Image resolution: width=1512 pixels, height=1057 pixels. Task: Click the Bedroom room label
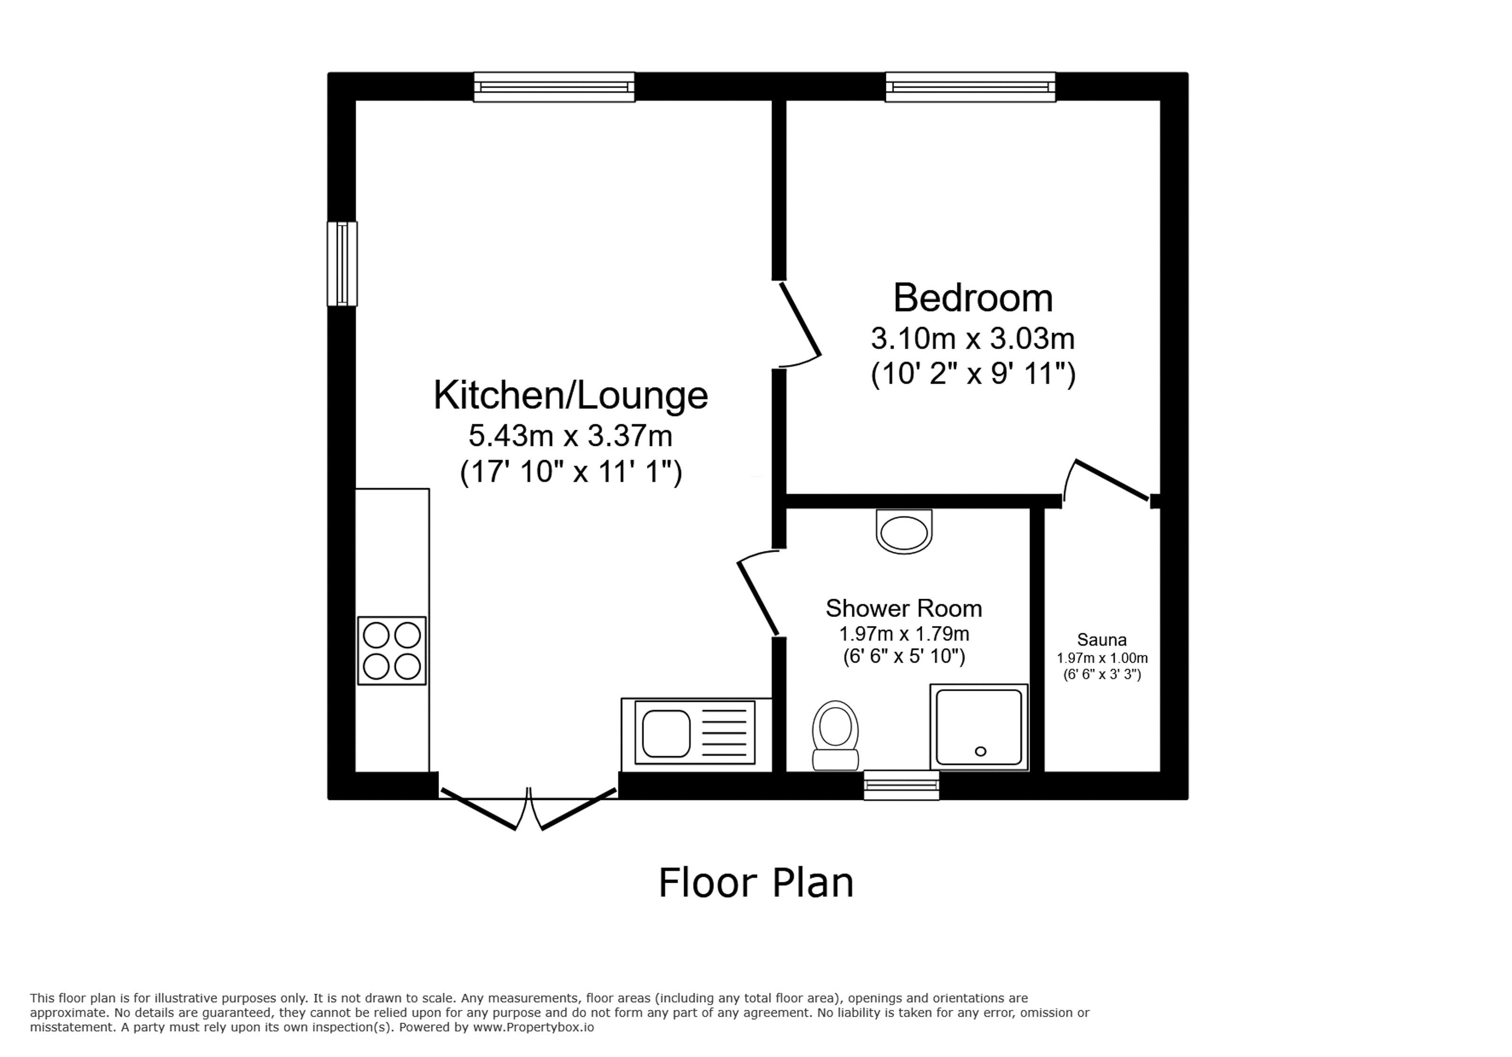click(x=973, y=298)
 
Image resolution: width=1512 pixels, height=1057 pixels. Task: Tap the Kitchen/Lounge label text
click(x=570, y=396)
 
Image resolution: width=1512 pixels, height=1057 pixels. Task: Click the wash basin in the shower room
click(x=904, y=532)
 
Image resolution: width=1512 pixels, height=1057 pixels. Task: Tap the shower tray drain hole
click(x=980, y=752)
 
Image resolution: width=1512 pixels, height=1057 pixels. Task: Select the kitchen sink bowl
click(x=666, y=733)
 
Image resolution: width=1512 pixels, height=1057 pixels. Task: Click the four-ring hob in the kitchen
click(x=392, y=651)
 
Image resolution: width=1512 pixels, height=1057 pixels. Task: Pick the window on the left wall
click(x=343, y=264)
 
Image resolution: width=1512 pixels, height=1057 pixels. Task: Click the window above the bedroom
click(x=970, y=87)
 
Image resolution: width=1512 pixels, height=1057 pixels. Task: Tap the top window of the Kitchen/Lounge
click(x=554, y=87)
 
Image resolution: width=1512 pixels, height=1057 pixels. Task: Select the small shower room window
click(x=901, y=785)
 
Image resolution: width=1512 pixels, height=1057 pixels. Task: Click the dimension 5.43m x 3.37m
click(x=570, y=435)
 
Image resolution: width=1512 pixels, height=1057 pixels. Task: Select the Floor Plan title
click(x=756, y=883)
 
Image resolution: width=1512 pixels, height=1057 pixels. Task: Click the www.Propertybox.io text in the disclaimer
click(x=533, y=1027)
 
